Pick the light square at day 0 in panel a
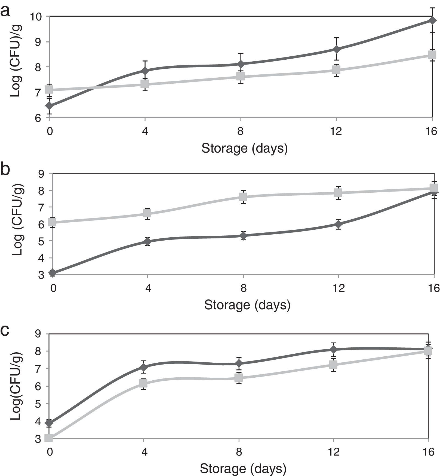click(49, 89)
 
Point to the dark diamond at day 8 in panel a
click(241, 64)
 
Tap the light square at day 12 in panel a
click(337, 70)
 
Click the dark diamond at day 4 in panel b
click(147, 241)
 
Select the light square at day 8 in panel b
click(243, 196)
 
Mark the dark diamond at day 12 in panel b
click(338, 224)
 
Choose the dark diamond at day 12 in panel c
click(333, 349)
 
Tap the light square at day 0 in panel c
click(49, 438)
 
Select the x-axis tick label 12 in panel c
click(334, 452)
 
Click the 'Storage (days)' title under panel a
click(244, 148)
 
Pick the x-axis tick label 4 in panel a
click(145, 132)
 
